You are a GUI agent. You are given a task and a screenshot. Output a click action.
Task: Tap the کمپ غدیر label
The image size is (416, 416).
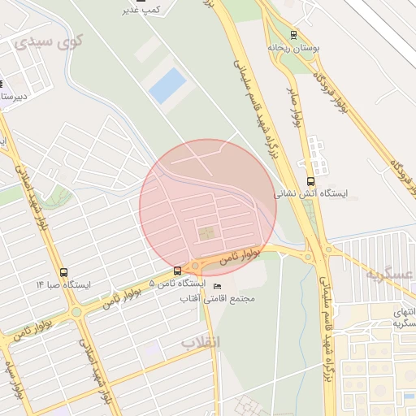(139, 10)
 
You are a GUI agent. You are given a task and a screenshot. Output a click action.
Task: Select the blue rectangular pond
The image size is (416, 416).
(167, 85)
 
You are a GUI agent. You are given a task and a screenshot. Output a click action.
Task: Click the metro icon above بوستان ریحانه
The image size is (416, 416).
(293, 35)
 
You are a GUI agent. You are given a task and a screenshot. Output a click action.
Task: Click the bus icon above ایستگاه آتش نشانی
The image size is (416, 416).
(310, 181)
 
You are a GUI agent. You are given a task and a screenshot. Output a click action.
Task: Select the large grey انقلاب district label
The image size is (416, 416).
(200, 342)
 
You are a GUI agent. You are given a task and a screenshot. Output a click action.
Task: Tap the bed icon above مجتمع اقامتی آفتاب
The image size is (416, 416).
(216, 287)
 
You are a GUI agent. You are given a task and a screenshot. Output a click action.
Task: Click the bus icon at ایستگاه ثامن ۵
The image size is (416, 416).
(177, 271)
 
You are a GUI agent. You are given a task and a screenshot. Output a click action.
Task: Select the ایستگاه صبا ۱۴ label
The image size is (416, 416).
(63, 285)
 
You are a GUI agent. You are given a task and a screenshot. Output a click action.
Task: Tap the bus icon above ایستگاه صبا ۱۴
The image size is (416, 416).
(64, 272)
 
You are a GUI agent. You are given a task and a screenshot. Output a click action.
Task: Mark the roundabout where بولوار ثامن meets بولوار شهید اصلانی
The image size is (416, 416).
(76, 311)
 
